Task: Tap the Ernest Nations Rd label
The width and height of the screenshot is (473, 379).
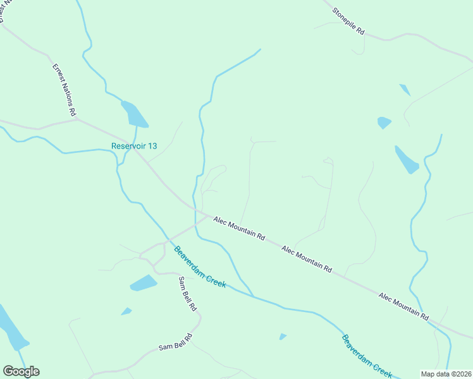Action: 64,89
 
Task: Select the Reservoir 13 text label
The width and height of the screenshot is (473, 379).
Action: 134,146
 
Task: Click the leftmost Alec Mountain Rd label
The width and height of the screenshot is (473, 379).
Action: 239,229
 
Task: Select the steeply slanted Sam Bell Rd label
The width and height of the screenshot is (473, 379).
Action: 188,294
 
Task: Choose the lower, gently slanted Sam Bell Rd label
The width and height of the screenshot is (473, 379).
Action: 175,344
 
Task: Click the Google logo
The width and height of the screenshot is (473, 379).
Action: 21,371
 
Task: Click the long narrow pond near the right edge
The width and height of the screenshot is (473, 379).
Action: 406,159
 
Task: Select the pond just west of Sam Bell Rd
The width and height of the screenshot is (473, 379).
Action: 144,283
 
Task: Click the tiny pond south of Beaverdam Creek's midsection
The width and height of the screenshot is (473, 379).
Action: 283,337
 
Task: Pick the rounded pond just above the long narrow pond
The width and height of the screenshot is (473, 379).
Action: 383,122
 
